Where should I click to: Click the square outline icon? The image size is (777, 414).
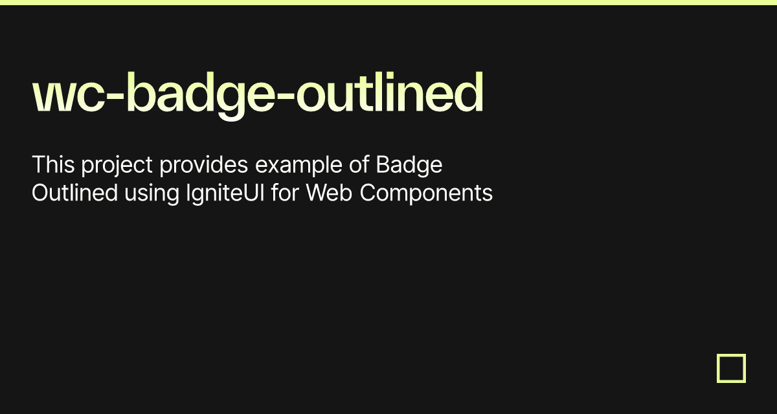(x=731, y=368)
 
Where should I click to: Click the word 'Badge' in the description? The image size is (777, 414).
(x=409, y=166)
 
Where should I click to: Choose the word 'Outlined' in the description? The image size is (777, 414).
(x=74, y=193)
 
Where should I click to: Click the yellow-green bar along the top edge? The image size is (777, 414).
(x=388, y=3)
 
